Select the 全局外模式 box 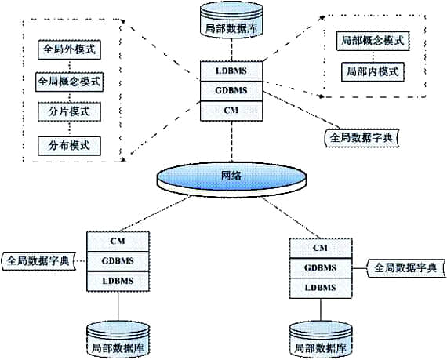point(69,49)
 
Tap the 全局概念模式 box point(69,81)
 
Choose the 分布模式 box point(69,145)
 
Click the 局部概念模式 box point(372,40)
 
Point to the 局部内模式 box point(372,71)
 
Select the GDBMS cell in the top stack point(231,91)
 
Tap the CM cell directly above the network point(231,111)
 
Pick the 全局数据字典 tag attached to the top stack point(362,137)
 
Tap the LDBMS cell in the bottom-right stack point(319,287)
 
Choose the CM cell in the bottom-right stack point(319,248)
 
